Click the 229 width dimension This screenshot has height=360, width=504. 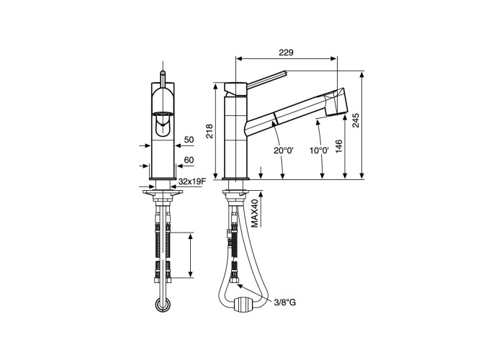coord(286,53)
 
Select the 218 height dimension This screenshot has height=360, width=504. coord(210,131)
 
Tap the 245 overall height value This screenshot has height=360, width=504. coord(356,120)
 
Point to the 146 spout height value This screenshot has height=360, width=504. coord(339,146)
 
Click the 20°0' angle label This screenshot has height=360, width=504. coord(284,150)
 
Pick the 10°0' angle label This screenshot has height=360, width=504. coord(319,150)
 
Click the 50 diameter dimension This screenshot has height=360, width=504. coord(189,140)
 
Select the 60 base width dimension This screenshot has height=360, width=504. coord(189,160)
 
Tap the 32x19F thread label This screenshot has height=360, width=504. coord(192,181)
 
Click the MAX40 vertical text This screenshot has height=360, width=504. coord(255,213)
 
